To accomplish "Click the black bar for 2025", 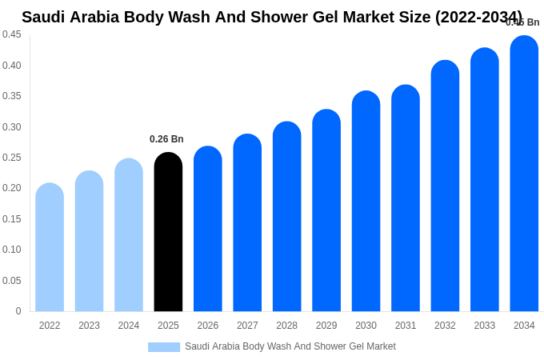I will pos(168,232).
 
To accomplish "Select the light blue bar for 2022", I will pos(50,247).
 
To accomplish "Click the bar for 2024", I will pos(129,235).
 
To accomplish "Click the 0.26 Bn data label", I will pos(166,139).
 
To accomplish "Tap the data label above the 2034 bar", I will pos(522,22).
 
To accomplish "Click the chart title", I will pos(272,17).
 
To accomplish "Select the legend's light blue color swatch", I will pos(164,346).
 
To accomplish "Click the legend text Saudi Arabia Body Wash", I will pos(290,346).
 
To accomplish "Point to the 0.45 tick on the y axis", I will pos(12,34).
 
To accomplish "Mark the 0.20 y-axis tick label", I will pos(12,188).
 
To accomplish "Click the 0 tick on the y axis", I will pos(18,311).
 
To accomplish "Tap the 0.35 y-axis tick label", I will pos(12,96).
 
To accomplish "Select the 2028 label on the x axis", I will pos(286,326).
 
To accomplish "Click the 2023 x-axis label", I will pos(89,326).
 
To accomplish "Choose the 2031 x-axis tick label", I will pos(406,326).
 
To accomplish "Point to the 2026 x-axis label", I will pos(208,326).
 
